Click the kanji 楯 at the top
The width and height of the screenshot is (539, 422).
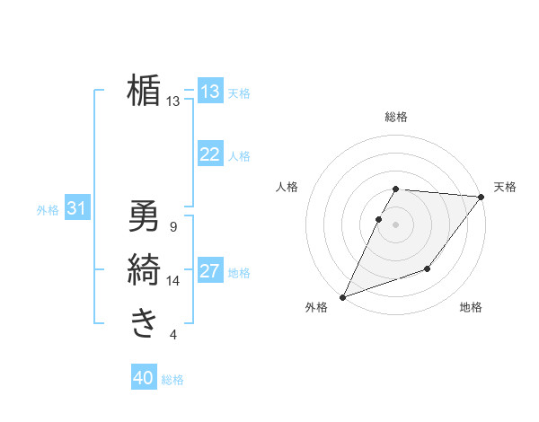tap(144, 91)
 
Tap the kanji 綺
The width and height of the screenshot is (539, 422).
tap(144, 268)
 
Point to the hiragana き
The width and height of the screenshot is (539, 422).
tap(144, 322)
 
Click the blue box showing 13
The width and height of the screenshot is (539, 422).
tap(210, 92)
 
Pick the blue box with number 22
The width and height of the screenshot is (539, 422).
tap(210, 154)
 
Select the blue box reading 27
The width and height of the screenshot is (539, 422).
tap(210, 271)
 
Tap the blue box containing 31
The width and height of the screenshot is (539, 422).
tap(76, 209)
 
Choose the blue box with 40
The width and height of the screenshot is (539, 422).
tap(144, 378)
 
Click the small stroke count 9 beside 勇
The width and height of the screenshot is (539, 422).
tap(173, 227)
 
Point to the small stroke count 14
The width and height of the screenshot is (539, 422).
tap(173, 281)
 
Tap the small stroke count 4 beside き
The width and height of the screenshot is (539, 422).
tap(173, 335)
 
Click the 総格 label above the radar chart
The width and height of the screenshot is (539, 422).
tap(396, 117)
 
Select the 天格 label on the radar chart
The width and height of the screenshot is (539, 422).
tap(505, 187)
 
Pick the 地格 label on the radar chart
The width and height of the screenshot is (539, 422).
tap(471, 308)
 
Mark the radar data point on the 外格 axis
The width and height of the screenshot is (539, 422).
tap(342, 296)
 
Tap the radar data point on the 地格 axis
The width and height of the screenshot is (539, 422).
tap(428, 268)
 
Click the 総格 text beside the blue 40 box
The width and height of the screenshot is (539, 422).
tap(172, 380)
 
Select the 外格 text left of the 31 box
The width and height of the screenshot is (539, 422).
tap(48, 210)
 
